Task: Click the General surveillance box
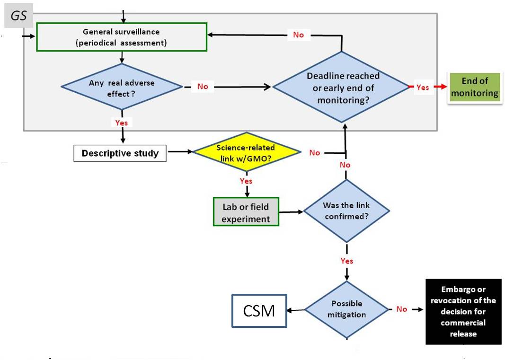[122, 37]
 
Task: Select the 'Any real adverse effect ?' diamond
[122, 87]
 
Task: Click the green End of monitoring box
[474, 88]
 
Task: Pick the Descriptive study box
[120, 153]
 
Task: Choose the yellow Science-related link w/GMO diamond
[246, 152]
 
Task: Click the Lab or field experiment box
[246, 211]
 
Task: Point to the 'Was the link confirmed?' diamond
[346, 211]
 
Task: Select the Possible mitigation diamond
[346, 310]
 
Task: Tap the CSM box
[259, 311]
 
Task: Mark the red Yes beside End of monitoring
[422, 88]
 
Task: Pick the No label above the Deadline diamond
[298, 35]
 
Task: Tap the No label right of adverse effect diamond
[203, 87]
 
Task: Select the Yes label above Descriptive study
[121, 123]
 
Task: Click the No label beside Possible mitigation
[401, 309]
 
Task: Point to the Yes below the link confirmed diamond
[346, 261]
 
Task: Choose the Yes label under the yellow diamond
[246, 181]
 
